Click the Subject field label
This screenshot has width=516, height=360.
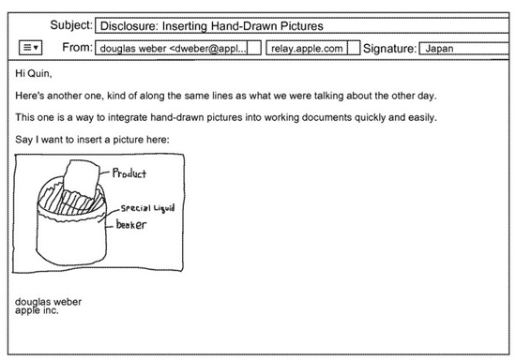tap(71, 25)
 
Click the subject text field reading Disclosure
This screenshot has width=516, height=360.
tap(302, 26)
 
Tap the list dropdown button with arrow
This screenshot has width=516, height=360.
tap(30, 48)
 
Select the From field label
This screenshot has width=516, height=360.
tap(77, 47)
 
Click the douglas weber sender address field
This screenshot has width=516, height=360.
tap(178, 48)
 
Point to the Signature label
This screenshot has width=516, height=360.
tap(390, 49)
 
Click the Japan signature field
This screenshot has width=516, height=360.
tap(464, 49)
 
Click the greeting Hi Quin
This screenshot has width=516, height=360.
tap(34, 73)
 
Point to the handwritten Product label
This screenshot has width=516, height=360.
tap(129, 172)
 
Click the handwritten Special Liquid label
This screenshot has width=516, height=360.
tap(147, 208)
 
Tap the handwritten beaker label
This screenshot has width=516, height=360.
tap(131, 225)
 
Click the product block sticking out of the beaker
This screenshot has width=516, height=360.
tap(82, 177)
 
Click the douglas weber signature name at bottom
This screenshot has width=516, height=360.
tap(48, 302)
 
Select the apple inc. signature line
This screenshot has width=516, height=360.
tap(37, 310)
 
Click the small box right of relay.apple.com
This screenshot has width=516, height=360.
tap(354, 48)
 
